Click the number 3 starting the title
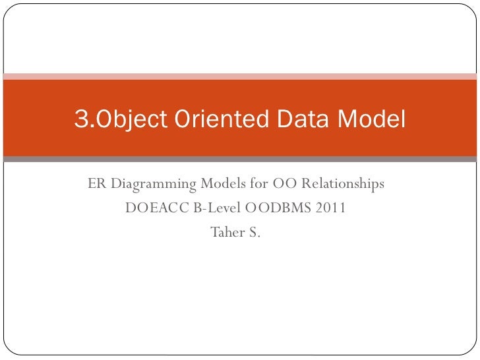tap(81, 120)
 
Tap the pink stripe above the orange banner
tap(240, 75)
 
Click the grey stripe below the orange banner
tap(240, 159)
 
